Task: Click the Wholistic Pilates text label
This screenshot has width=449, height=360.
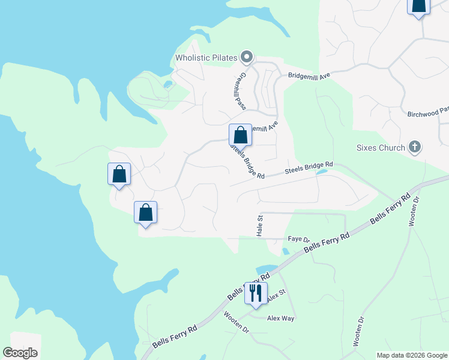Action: [206, 58]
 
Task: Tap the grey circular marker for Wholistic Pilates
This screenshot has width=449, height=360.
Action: [246, 58]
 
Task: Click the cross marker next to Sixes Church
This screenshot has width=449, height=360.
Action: [414, 146]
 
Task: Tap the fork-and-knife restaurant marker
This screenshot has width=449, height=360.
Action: [256, 293]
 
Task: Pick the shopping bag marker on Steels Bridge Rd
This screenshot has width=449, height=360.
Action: [240, 134]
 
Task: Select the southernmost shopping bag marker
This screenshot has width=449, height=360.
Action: [145, 212]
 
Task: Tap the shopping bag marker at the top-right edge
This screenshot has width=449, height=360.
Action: [418, 5]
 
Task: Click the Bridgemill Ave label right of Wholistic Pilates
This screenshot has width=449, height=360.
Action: [310, 76]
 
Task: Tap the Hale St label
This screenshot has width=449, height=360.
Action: [261, 226]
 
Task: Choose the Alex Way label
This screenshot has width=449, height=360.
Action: [280, 318]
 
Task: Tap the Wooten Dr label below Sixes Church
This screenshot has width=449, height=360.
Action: [413, 212]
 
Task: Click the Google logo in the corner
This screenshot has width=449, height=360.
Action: [20, 353]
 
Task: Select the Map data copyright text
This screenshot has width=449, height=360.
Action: [411, 355]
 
